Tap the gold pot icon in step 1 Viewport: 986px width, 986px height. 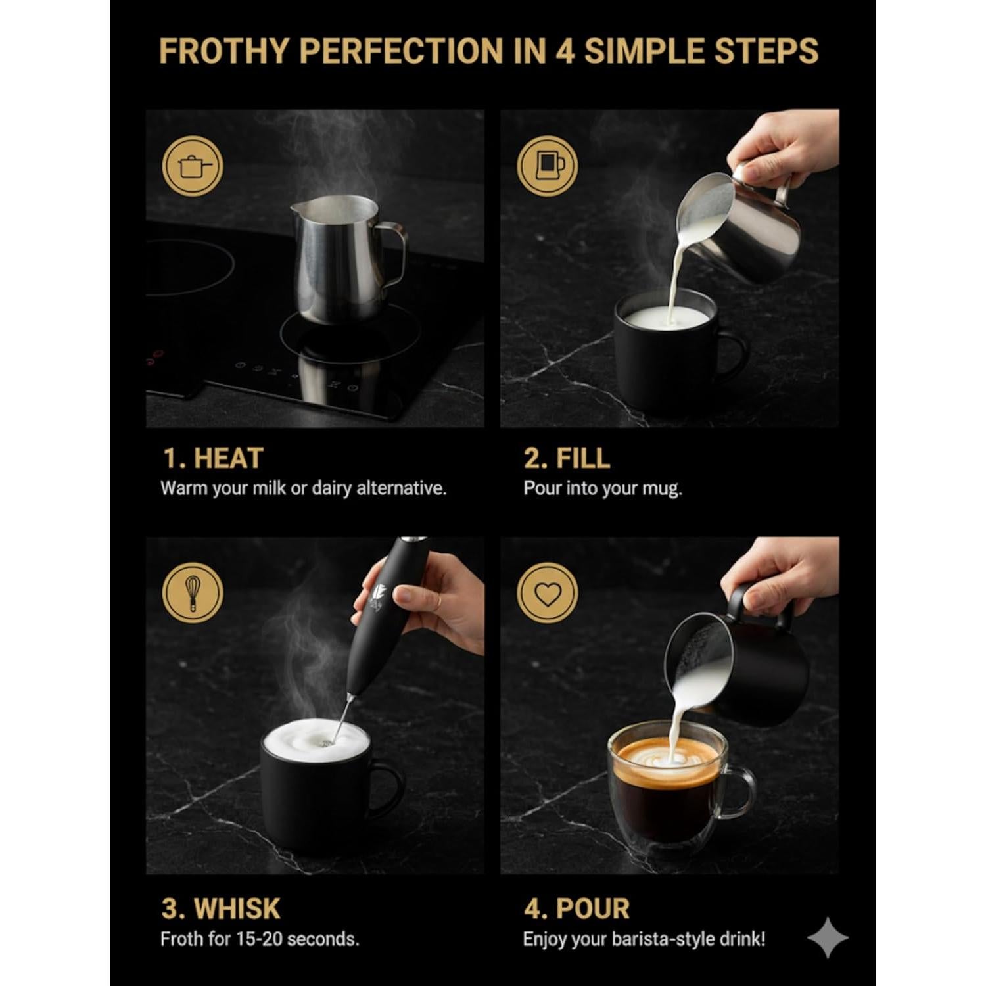(x=193, y=166)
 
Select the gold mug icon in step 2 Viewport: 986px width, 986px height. (x=547, y=166)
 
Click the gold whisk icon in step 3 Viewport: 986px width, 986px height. (x=193, y=593)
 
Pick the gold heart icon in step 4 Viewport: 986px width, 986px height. (x=547, y=594)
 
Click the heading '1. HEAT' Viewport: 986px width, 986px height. (x=212, y=458)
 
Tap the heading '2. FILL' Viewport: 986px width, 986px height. (x=567, y=458)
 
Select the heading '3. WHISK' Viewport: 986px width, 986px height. (x=221, y=908)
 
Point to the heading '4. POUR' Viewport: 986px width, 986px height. (x=576, y=908)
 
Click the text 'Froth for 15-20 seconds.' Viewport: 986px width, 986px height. (x=260, y=939)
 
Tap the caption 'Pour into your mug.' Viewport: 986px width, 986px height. (x=602, y=488)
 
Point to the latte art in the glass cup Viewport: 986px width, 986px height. (x=664, y=756)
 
